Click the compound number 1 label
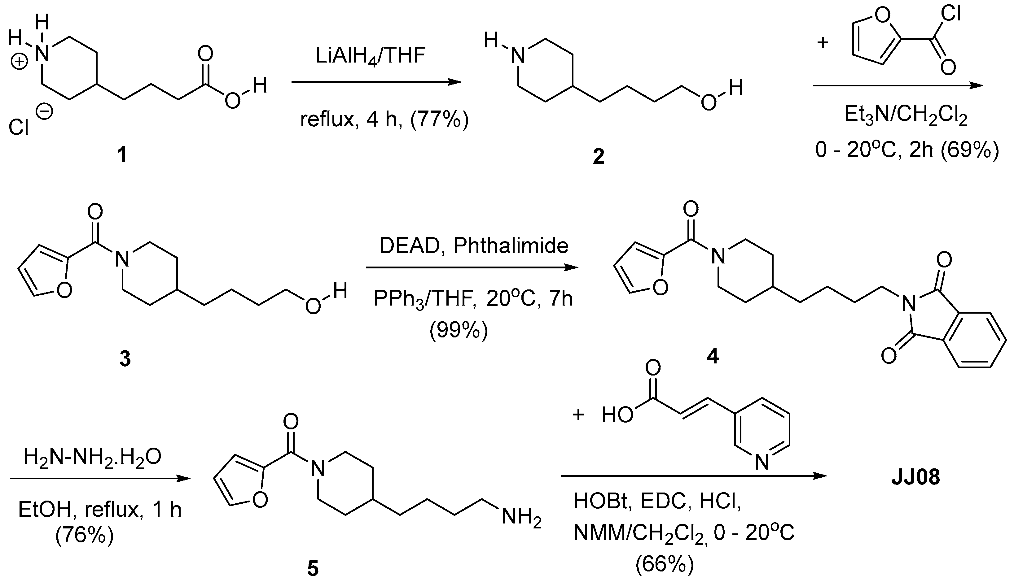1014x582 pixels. coord(122,155)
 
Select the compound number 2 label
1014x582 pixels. coord(599,157)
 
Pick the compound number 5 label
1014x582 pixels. coord(313,568)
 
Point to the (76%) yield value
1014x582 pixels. coord(85,535)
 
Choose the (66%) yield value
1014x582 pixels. coord(665,564)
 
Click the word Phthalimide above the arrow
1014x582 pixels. coord(511,246)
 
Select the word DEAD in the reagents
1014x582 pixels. coord(410,246)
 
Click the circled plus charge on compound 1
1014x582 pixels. coord(19,62)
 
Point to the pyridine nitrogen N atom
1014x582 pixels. coord(762,463)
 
